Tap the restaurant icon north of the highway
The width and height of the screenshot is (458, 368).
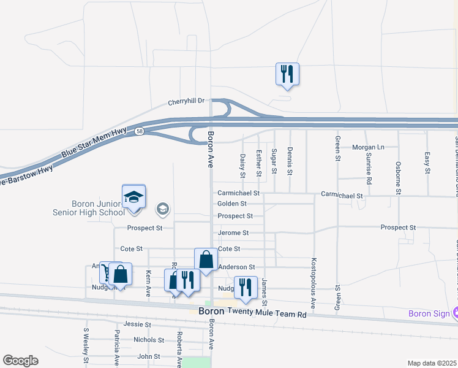pyautogui.click(x=287, y=74)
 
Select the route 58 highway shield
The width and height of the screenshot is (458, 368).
pyautogui.click(x=141, y=132)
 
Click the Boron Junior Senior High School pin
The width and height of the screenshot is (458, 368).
pyautogui.click(x=133, y=197)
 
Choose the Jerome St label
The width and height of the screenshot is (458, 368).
pyautogui.click(x=233, y=233)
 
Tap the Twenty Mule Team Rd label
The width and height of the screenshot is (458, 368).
pyautogui.click(x=266, y=312)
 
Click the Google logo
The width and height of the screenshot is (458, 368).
pyautogui.click(x=20, y=361)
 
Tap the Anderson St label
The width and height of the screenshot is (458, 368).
pyautogui.click(x=236, y=267)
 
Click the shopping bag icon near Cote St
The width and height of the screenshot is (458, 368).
pyautogui.click(x=206, y=260)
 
